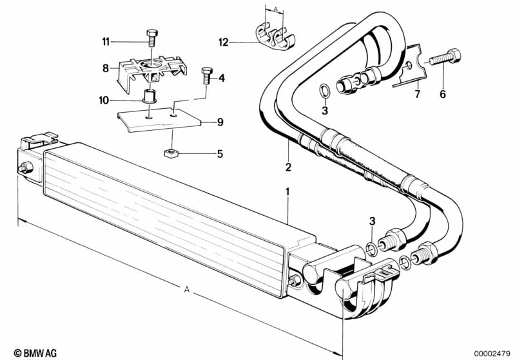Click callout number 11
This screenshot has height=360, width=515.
104,41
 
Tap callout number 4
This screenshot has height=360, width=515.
221,79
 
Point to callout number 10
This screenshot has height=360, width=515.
104,100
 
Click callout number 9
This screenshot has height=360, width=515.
220,122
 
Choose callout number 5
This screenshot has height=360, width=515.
219,154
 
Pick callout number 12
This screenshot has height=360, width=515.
223,43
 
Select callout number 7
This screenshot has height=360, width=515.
416,94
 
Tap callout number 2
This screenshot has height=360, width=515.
288,167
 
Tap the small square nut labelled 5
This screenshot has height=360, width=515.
170,154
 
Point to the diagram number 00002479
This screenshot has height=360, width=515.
492,352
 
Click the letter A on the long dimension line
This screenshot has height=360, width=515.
186,290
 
